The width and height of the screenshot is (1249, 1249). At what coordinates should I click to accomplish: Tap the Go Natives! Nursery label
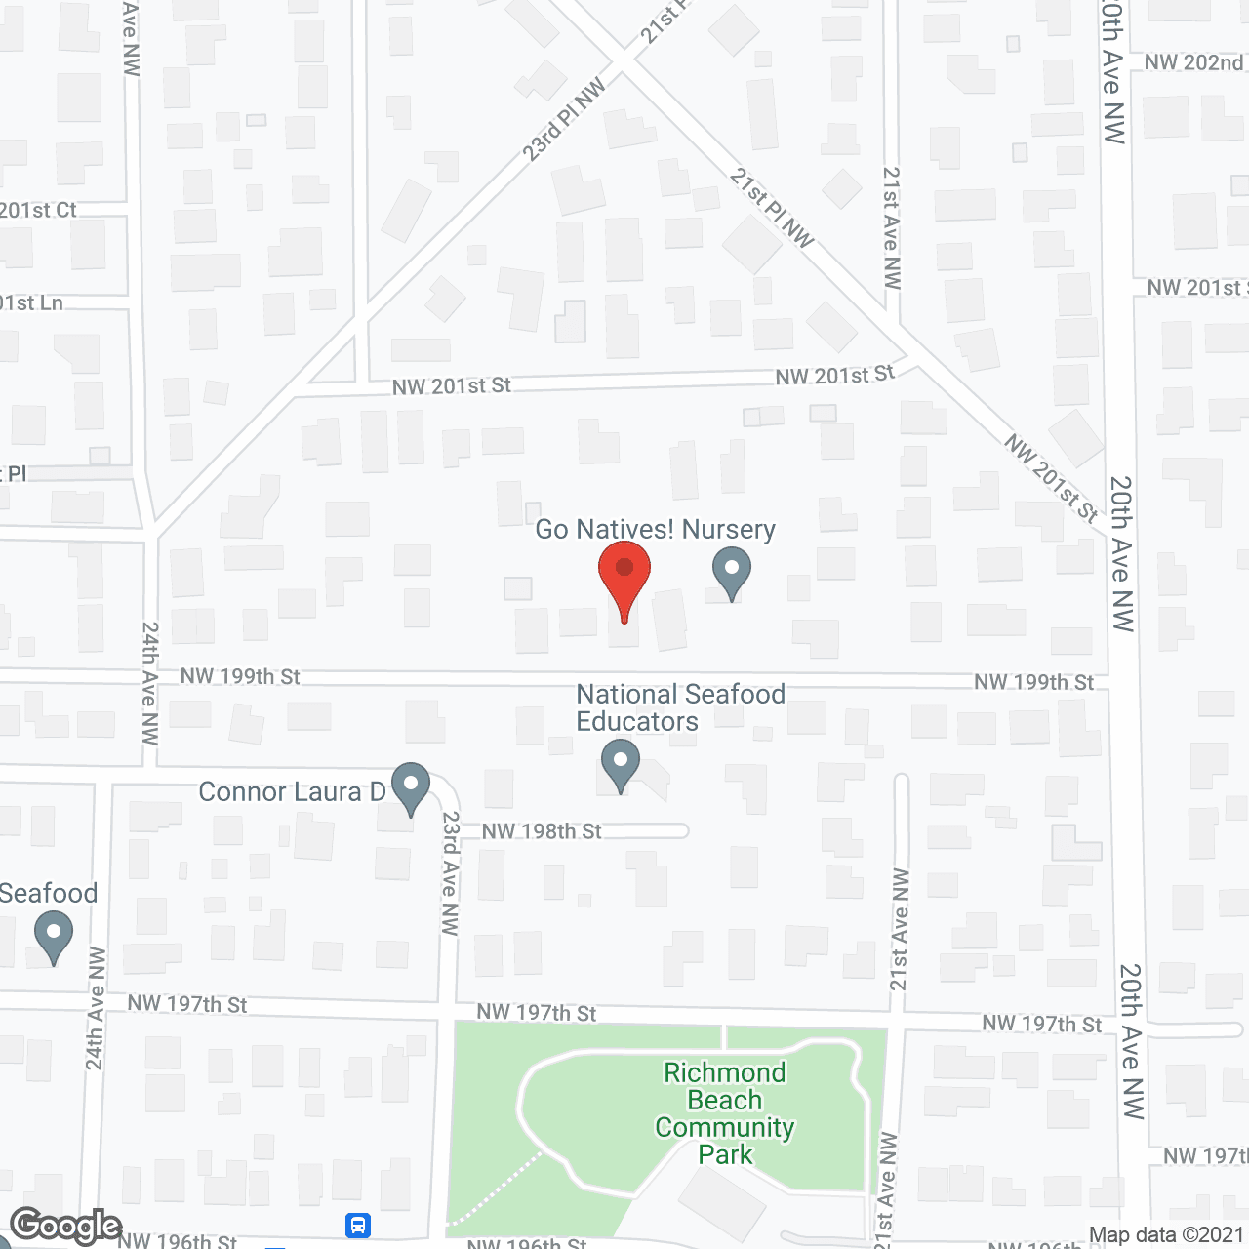click(x=655, y=530)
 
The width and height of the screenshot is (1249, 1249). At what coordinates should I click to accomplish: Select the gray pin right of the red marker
click(x=731, y=572)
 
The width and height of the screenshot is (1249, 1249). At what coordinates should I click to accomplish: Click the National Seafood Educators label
click(x=680, y=707)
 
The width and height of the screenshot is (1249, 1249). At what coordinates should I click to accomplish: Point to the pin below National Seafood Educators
click(x=620, y=764)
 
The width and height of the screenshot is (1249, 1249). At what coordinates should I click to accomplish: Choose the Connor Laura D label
click(x=292, y=791)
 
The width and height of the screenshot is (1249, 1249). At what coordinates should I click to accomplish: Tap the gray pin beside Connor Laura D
click(x=411, y=786)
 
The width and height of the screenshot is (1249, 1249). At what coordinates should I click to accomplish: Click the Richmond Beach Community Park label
click(x=725, y=1113)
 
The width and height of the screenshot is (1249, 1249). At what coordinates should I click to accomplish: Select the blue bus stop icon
click(x=358, y=1225)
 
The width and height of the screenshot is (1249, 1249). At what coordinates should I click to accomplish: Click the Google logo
click(x=66, y=1226)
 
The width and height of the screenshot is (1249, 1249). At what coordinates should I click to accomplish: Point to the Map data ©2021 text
click(x=1166, y=1235)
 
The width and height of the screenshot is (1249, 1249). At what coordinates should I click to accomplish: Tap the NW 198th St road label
click(x=542, y=831)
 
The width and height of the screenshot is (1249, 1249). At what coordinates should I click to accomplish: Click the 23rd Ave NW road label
click(x=450, y=873)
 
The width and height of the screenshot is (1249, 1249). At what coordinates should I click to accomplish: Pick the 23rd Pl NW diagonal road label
click(x=564, y=120)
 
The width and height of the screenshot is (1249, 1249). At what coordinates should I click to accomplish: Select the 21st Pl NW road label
click(x=771, y=208)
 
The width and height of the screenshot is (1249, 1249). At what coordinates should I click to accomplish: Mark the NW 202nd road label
click(x=1193, y=62)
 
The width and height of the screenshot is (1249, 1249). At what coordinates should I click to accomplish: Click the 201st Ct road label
click(x=37, y=210)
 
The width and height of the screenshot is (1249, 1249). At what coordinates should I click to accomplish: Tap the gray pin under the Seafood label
click(x=53, y=936)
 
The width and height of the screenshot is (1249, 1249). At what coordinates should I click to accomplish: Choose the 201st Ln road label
click(x=31, y=303)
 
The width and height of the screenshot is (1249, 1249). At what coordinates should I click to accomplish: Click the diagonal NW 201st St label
click(x=1052, y=478)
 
